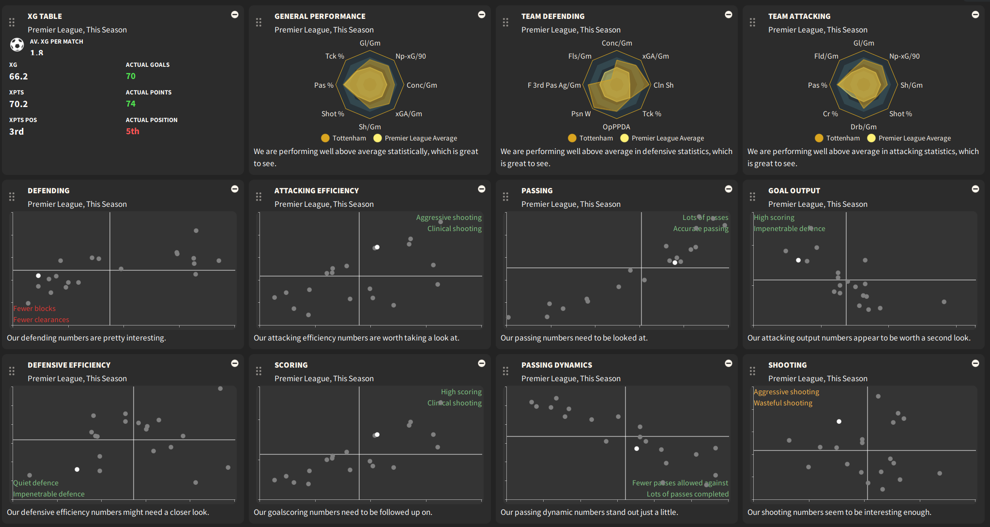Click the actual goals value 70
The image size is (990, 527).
click(131, 76)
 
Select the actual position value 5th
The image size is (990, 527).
click(133, 131)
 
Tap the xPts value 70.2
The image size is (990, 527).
click(18, 104)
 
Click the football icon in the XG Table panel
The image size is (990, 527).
click(17, 45)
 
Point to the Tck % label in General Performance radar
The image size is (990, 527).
click(335, 56)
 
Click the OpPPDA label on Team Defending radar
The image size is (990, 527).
click(616, 127)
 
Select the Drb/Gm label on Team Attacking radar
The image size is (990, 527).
click(864, 127)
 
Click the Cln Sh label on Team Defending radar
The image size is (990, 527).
click(663, 85)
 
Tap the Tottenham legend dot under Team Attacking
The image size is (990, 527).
click(819, 138)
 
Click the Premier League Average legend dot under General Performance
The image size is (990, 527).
click(378, 138)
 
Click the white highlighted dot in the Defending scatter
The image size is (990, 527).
click(38, 276)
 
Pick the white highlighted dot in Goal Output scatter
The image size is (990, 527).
click(798, 260)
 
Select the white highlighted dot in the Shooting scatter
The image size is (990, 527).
click(839, 421)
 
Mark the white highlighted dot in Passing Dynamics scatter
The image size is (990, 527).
click(637, 449)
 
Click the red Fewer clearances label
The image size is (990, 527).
click(41, 320)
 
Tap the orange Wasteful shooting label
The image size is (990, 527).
click(783, 403)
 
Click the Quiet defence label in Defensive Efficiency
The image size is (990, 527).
click(36, 483)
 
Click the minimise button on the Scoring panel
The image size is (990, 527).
click(482, 363)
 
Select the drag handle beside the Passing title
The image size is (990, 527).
click(505, 196)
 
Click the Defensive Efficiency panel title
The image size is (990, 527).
click(69, 365)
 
